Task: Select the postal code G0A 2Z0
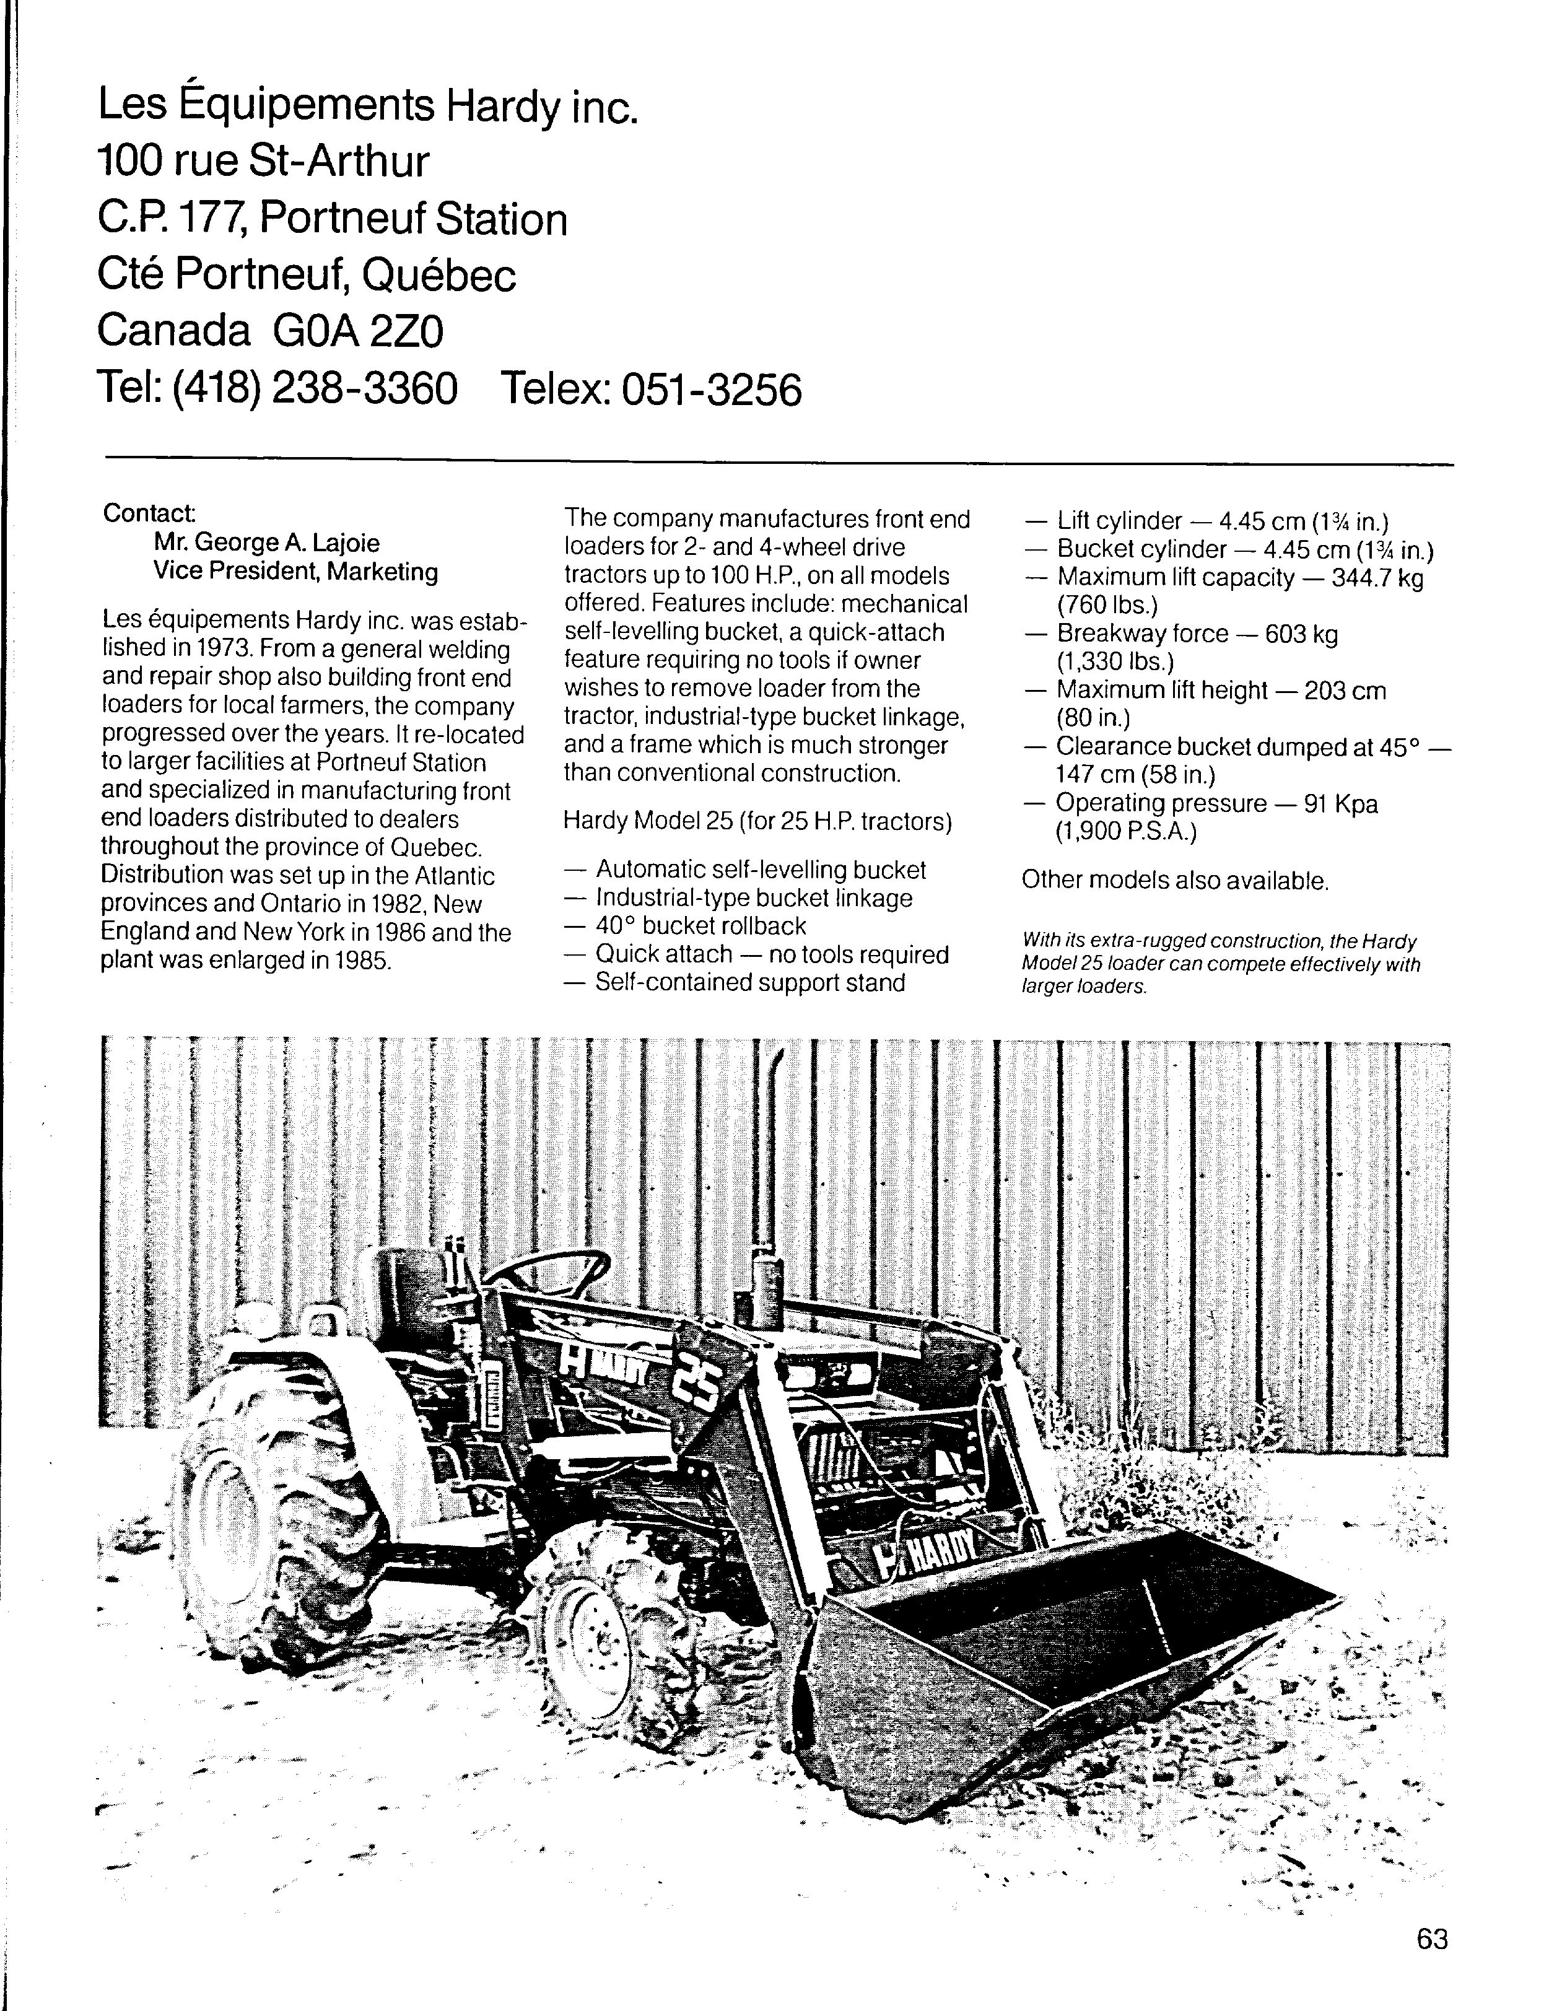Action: (x=358, y=331)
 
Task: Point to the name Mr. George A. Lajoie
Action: (x=266, y=543)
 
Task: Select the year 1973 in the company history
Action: (x=221, y=649)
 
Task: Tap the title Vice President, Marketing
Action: (x=295, y=572)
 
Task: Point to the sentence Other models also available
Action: (x=1175, y=881)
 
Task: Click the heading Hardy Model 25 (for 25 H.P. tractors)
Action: (x=757, y=821)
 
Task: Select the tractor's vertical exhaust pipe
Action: (x=772, y=1160)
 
